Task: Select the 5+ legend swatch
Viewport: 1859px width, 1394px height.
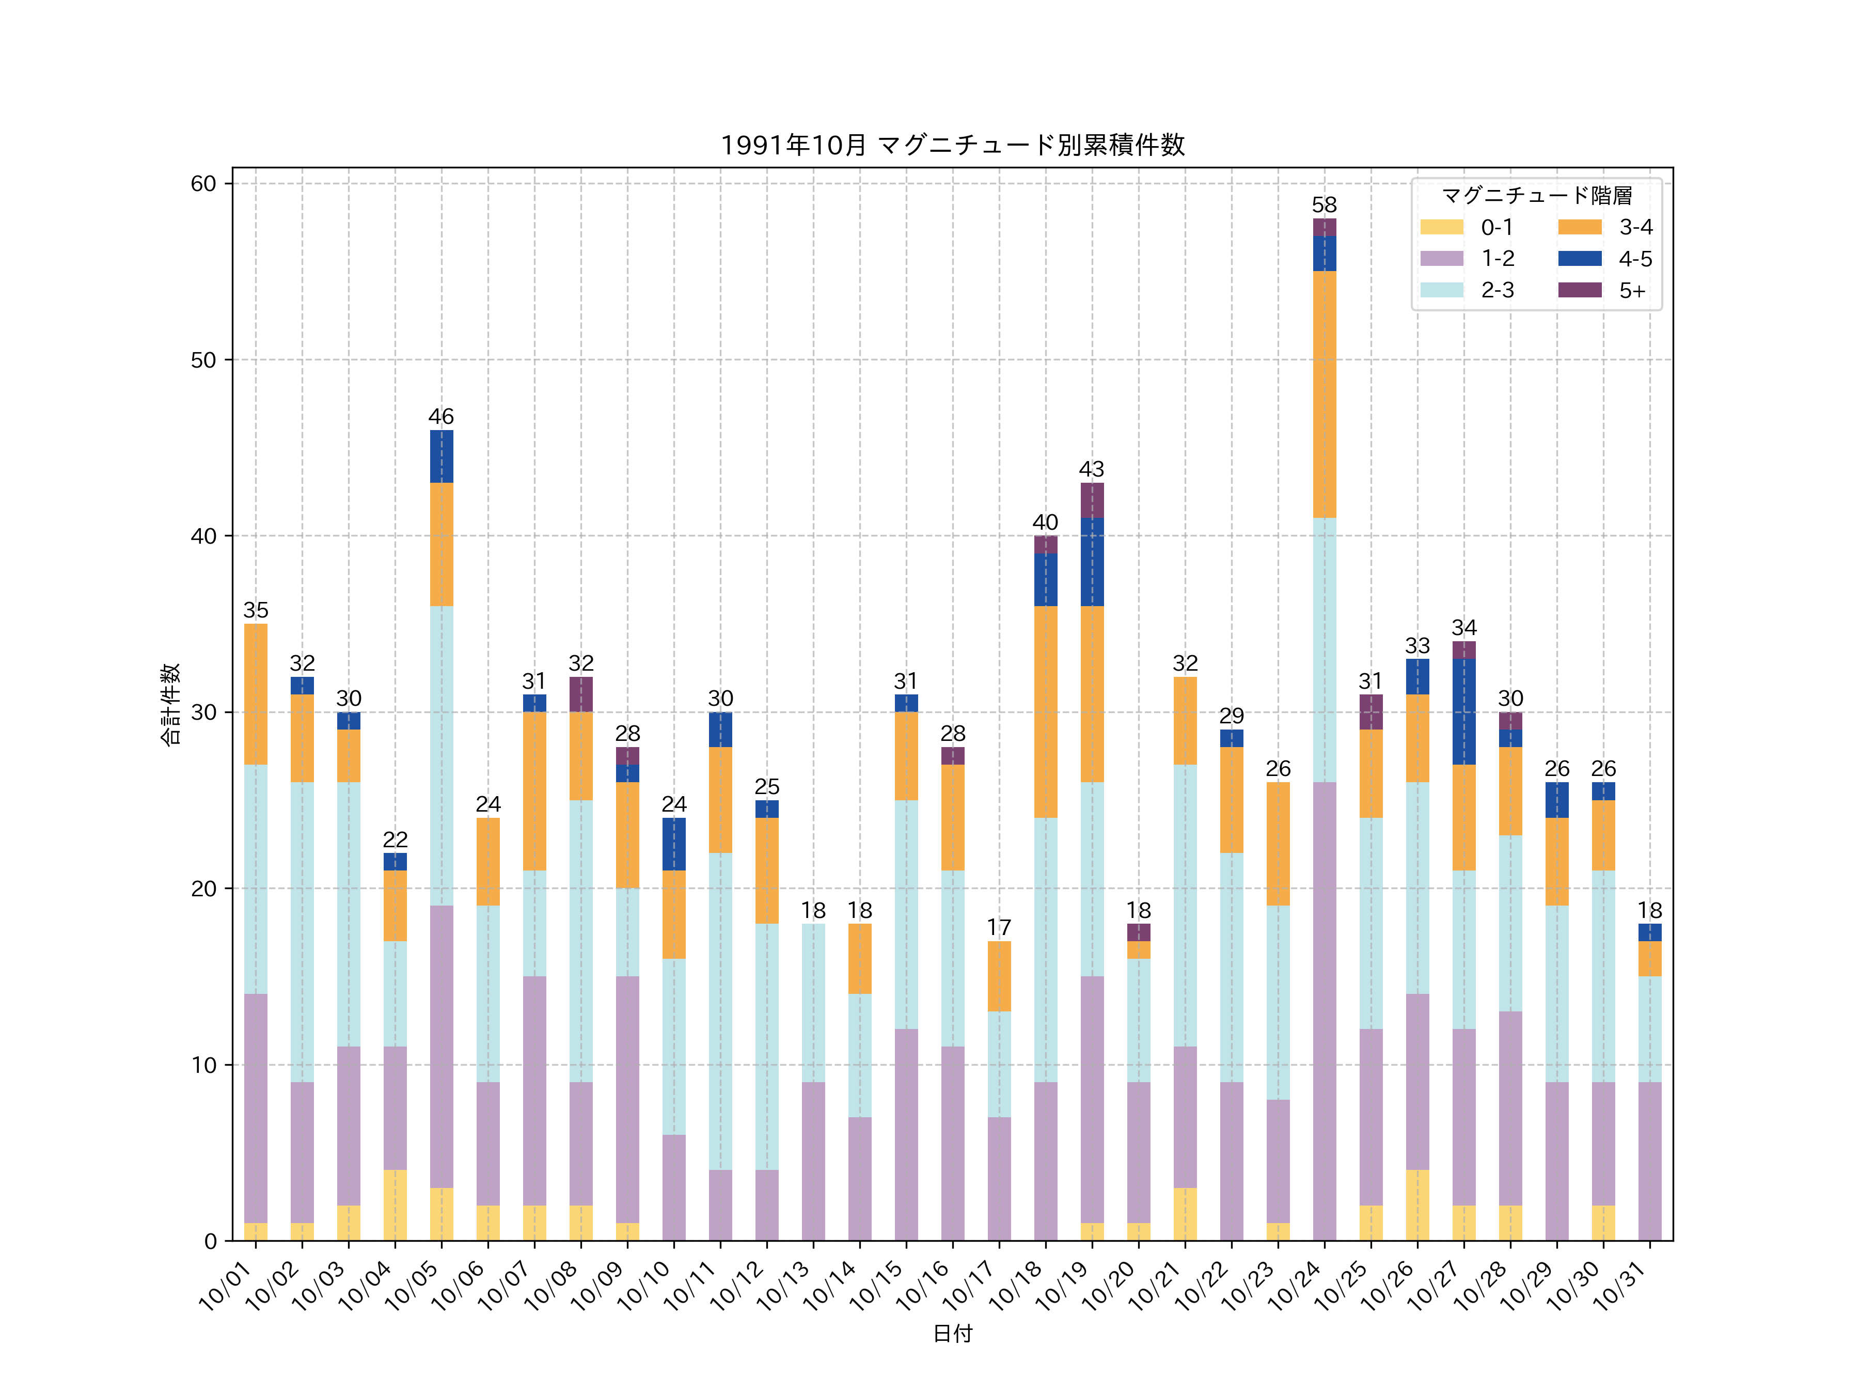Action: (1579, 290)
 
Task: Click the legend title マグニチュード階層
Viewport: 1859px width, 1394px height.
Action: (1536, 196)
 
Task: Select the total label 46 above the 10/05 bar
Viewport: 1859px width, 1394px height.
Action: (441, 417)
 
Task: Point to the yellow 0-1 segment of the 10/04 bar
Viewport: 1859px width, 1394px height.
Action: (395, 1205)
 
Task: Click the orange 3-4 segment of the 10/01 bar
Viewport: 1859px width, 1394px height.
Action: (256, 694)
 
